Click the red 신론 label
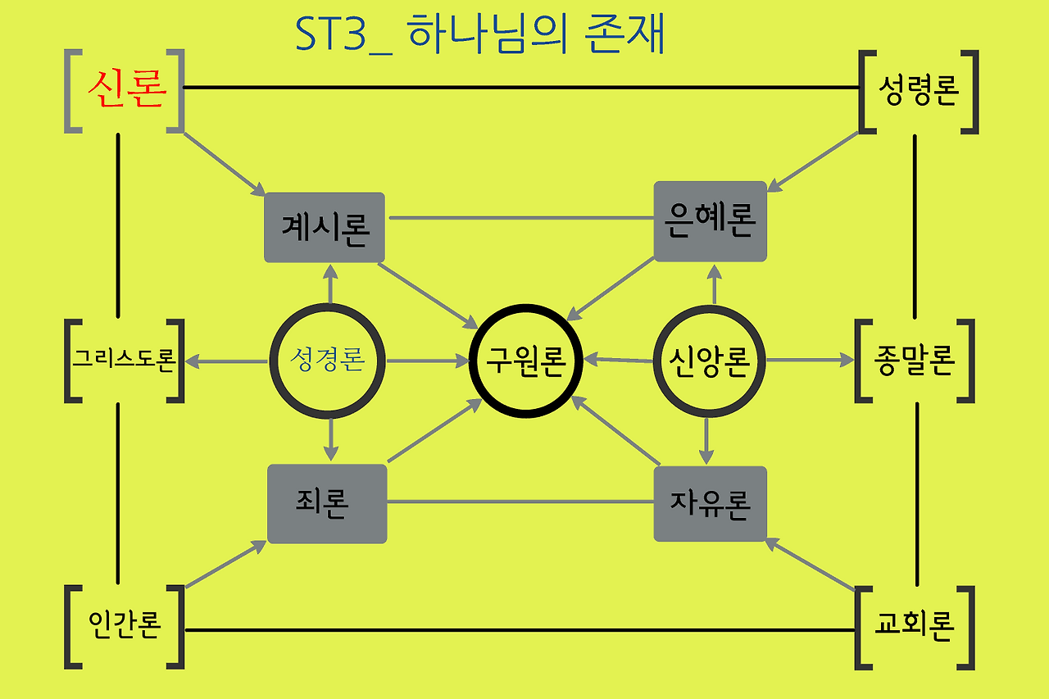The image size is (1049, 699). (x=126, y=89)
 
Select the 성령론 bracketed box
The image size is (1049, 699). (x=918, y=91)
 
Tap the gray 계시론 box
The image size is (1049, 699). (x=325, y=227)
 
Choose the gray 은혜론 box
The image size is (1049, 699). (x=711, y=221)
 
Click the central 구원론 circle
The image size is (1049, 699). (x=525, y=361)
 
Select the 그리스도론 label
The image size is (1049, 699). (x=124, y=360)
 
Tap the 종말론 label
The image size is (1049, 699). (x=915, y=361)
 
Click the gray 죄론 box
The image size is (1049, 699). (x=327, y=503)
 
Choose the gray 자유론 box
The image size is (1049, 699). (x=710, y=503)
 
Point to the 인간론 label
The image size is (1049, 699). (x=124, y=626)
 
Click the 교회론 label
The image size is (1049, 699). (x=915, y=627)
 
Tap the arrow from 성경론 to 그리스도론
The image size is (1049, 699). (x=226, y=361)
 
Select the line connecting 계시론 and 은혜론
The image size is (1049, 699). (x=520, y=218)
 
